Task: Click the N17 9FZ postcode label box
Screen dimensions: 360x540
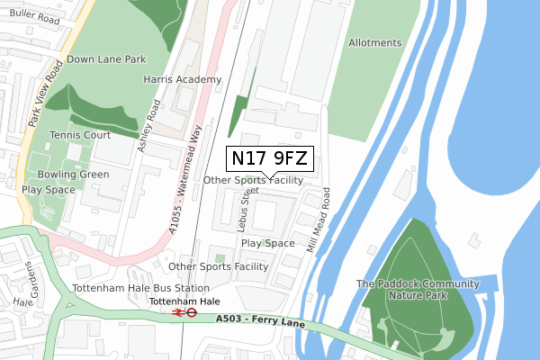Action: (269, 159)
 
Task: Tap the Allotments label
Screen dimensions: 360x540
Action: (374, 42)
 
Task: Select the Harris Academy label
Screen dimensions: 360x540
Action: (182, 79)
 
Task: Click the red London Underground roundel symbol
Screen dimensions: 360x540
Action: (192, 313)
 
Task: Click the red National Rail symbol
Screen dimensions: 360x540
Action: (177, 313)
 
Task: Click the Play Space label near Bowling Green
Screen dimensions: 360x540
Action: (49, 191)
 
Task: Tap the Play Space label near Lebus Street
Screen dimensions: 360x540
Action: (267, 243)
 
